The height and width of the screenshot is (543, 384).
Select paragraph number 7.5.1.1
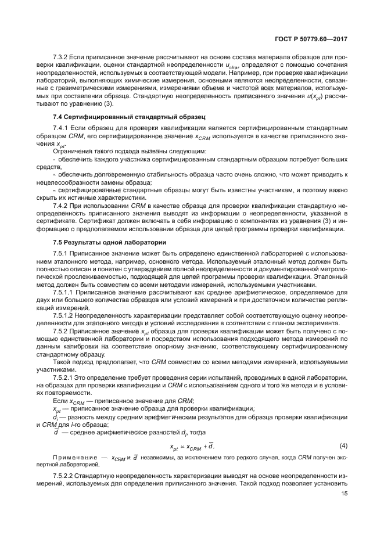pyautogui.click(x=64, y=293)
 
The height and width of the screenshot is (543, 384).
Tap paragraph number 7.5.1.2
pyautogui.click(x=64, y=314)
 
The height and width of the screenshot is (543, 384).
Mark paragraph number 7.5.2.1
pyautogui.click(x=64, y=378)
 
